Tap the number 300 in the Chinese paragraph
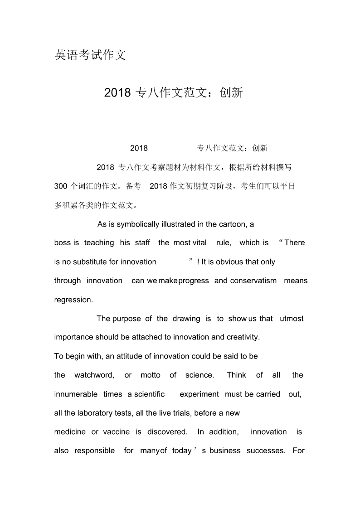(x=61, y=186)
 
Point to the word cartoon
(x=233, y=224)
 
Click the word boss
(x=63, y=242)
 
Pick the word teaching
(x=99, y=242)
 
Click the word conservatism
(x=253, y=281)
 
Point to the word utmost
(x=292, y=319)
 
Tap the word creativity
(x=242, y=337)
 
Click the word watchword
(x=94, y=375)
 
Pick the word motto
(x=150, y=375)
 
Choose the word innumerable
(x=76, y=394)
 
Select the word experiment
(x=199, y=394)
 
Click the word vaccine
(x=116, y=431)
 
